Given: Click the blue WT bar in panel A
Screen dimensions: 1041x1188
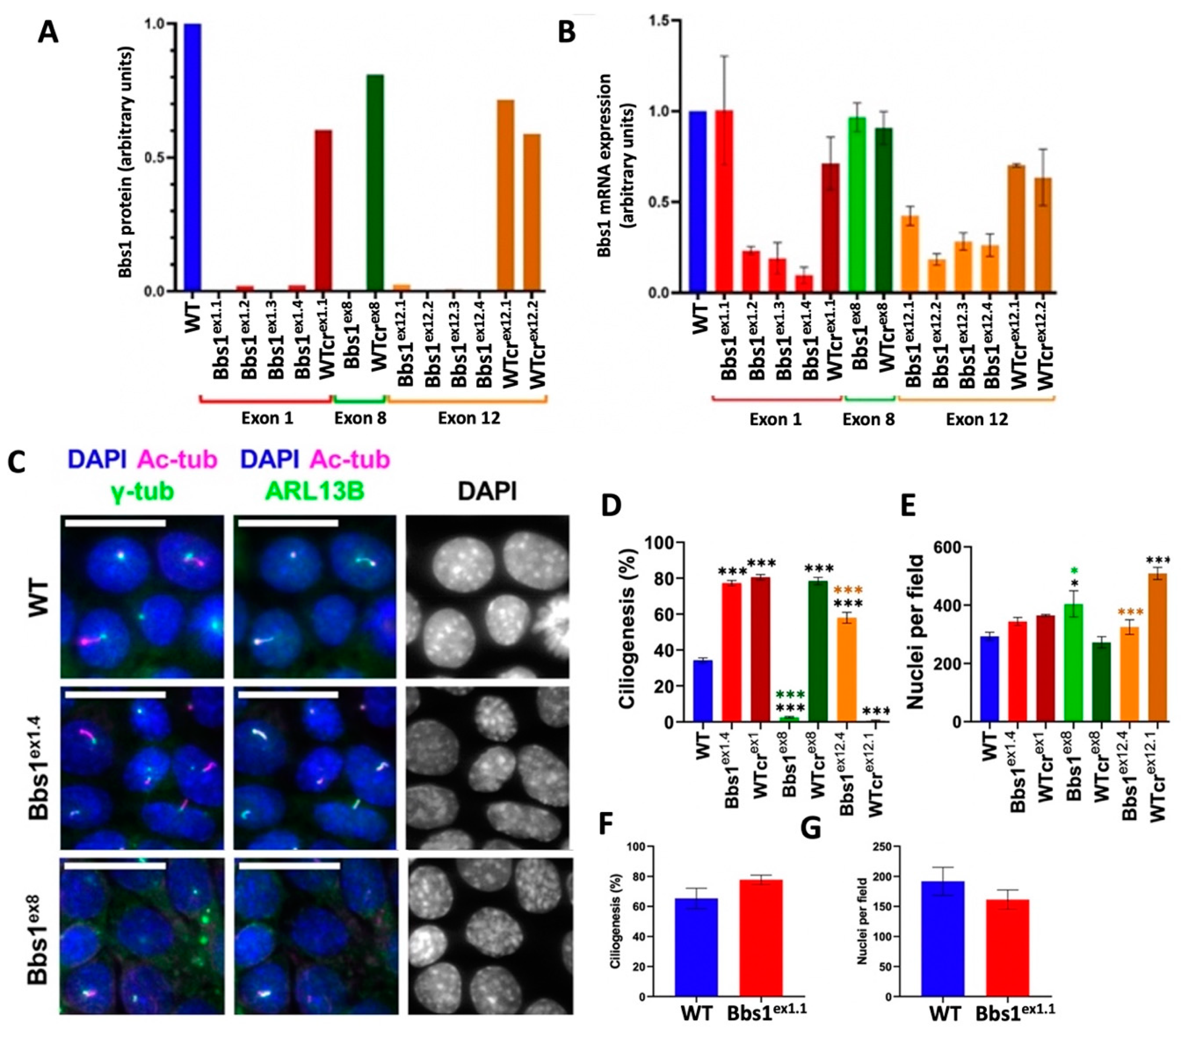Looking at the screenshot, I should click(x=192, y=157).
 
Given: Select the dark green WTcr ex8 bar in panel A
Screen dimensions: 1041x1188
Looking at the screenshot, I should click(x=375, y=183).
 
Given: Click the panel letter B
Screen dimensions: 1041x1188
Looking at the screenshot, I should click(x=566, y=33).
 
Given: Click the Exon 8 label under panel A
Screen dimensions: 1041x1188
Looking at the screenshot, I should click(x=360, y=418).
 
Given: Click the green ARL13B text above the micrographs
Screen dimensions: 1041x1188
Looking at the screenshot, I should click(x=315, y=492).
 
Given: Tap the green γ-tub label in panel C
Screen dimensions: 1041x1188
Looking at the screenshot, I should click(x=142, y=492).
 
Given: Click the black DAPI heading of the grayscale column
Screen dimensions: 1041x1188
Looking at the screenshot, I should click(x=486, y=492).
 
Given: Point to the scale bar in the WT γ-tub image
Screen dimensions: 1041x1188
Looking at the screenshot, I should click(x=116, y=523).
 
